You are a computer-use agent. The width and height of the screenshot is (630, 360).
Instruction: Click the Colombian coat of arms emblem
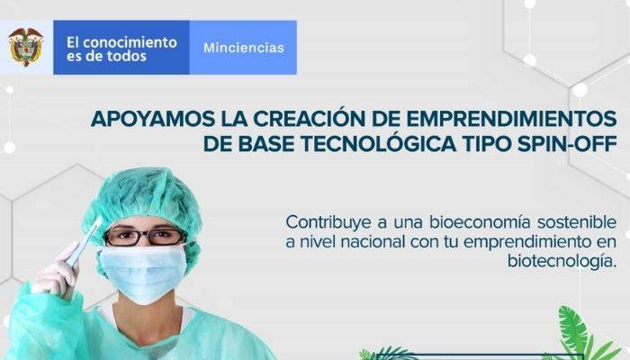click(x=26, y=47)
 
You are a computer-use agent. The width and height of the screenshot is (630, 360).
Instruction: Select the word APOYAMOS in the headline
click(x=148, y=119)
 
